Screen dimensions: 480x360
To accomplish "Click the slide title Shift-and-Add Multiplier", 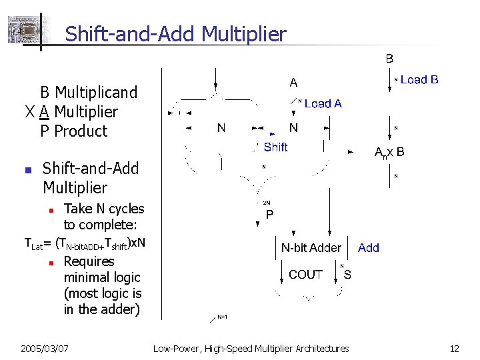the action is tap(175, 33).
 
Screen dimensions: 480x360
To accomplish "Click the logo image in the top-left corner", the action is tap(23, 30).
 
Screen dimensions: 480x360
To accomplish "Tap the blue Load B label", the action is tap(419, 80).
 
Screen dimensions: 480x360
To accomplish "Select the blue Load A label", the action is tap(323, 103).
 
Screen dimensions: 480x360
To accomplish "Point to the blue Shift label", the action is tap(275, 147).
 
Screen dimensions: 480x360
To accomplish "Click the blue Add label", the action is tap(368, 247).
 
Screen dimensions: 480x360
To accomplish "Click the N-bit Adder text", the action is tap(311, 247).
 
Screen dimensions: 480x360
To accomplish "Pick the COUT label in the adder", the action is tap(305, 274).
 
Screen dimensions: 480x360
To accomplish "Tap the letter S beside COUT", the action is tap(347, 274).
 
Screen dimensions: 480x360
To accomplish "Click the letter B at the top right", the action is tap(389, 59).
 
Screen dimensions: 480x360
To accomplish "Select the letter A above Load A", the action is tap(293, 83).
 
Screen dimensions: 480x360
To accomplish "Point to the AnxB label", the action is tap(389, 152).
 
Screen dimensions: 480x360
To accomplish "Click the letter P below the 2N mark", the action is tap(269, 215).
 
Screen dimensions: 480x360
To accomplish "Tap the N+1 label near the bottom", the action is tap(223, 317).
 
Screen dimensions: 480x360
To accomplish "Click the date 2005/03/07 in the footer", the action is tap(45, 348).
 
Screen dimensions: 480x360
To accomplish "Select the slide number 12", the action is tap(454, 348).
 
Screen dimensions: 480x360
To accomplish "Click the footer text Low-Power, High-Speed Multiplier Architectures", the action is tap(251, 348).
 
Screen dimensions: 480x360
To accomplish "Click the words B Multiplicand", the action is tap(88, 92).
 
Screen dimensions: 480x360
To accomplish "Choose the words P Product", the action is tap(73, 131).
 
